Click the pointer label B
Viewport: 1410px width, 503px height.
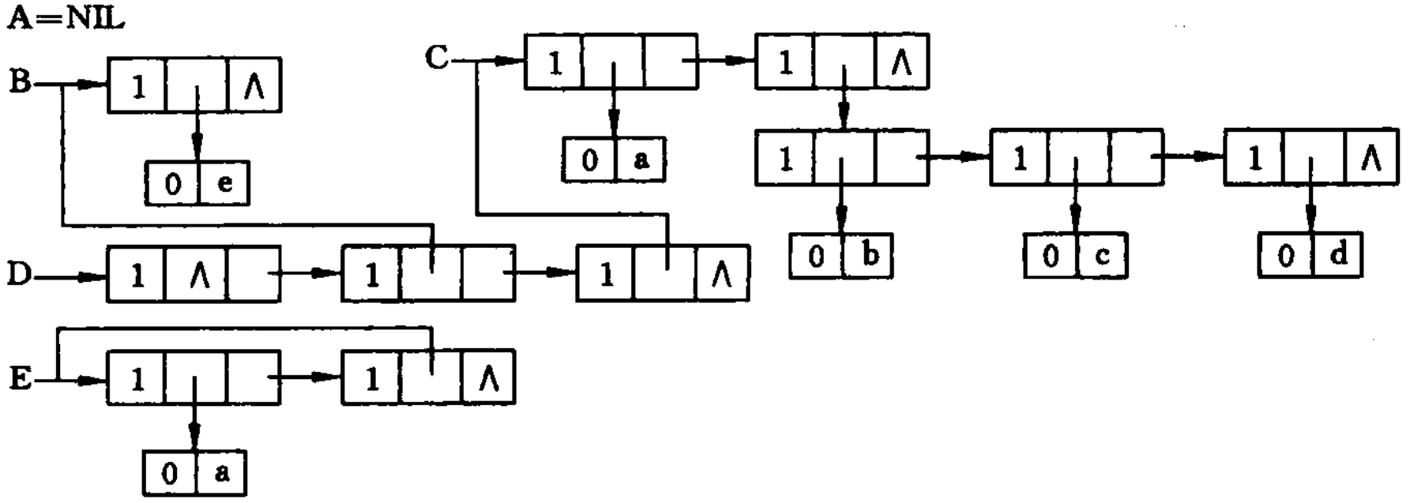20,82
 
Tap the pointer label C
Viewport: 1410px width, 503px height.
437,57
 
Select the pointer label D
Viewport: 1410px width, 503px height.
19,275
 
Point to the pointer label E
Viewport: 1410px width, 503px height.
20,380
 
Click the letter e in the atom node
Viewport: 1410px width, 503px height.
224,183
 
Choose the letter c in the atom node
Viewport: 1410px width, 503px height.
1102,256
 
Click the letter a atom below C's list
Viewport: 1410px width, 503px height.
641,160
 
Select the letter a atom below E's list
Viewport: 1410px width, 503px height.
222,473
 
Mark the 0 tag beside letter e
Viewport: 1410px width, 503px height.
172,184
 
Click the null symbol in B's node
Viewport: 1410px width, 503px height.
254,87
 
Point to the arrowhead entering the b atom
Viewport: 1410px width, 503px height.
842,223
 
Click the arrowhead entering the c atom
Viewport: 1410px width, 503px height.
1075,223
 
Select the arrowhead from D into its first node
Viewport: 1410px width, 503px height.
95,277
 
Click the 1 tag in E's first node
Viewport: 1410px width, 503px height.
137,380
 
